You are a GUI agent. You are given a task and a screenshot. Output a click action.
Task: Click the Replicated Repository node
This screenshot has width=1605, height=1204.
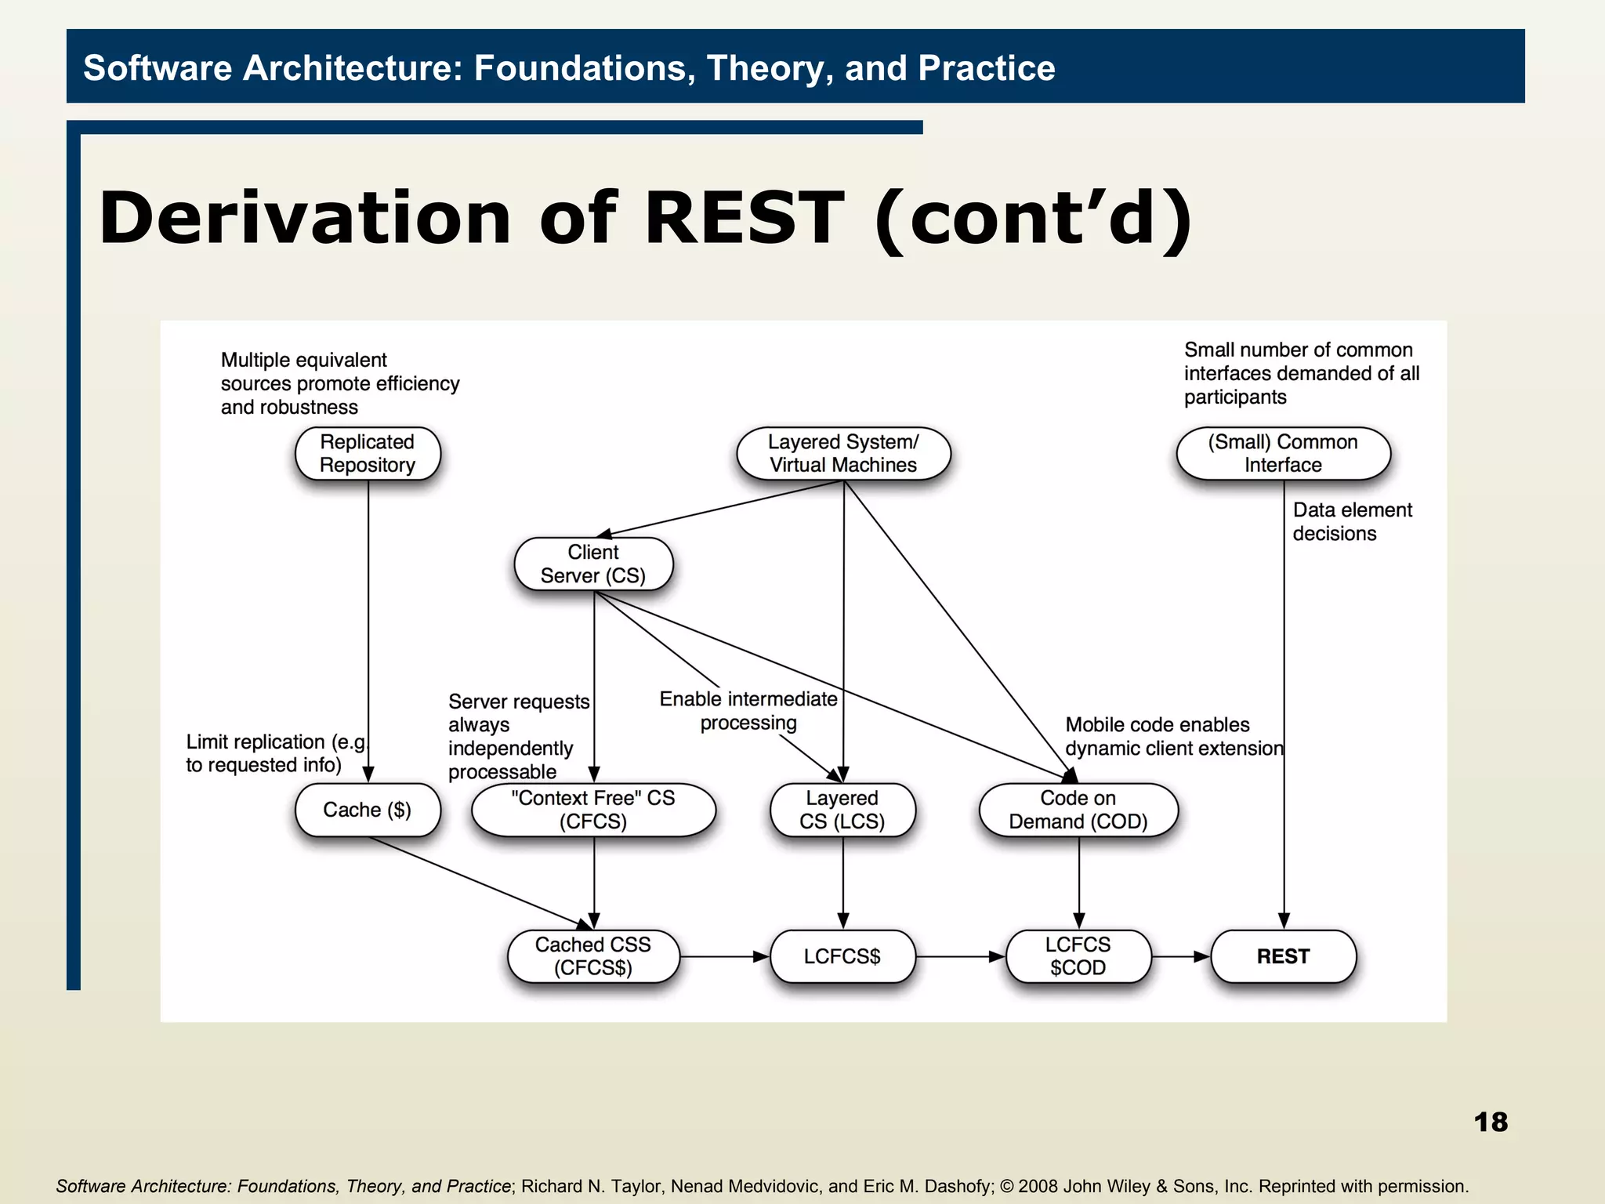pyautogui.click(x=368, y=454)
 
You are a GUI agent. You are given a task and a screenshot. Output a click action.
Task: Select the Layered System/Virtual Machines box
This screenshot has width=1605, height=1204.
pyautogui.click(x=843, y=454)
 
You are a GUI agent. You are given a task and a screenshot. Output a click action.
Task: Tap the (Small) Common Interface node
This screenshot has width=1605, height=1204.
pyautogui.click(x=1283, y=454)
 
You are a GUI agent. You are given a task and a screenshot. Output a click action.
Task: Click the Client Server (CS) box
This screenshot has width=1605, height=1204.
pyautogui.click(x=593, y=564)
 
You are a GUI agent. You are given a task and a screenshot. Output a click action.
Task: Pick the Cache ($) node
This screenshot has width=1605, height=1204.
pyautogui.click(x=368, y=810)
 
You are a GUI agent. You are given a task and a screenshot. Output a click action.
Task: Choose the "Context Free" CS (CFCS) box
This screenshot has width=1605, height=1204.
pyautogui.click(x=593, y=810)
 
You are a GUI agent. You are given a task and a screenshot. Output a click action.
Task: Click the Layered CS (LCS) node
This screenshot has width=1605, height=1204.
pyautogui.click(x=842, y=810)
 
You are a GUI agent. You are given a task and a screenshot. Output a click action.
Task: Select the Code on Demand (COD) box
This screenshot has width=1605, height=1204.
pyautogui.click(x=1078, y=810)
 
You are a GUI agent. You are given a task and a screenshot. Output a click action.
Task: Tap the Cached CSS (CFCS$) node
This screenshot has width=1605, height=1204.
pyautogui.click(x=593, y=956)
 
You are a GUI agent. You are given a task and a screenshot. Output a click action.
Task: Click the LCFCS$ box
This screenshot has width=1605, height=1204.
pyautogui.click(x=842, y=956)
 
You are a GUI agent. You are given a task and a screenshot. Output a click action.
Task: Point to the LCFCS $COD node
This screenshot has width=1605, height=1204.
pyautogui.click(x=1078, y=956)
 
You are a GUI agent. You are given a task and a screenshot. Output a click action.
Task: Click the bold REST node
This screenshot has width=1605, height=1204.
pyautogui.click(x=1283, y=956)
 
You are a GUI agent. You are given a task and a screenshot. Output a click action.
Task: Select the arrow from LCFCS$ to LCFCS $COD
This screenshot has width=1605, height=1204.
pyautogui.click(x=960, y=956)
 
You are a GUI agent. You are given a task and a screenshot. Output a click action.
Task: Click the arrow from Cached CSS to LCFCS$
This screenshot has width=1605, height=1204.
pyautogui.click(x=724, y=956)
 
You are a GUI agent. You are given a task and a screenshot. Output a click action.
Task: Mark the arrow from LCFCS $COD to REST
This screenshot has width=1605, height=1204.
pyautogui.click(x=1181, y=956)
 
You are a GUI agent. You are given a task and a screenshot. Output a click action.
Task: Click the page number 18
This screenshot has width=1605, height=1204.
pyautogui.click(x=1491, y=1122)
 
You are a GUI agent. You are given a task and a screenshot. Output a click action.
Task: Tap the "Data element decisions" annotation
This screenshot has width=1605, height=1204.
pyautogui.click(x=1351, y=522)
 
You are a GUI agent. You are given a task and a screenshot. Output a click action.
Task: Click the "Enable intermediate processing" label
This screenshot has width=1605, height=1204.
pyautogui.click(x=748, y=711)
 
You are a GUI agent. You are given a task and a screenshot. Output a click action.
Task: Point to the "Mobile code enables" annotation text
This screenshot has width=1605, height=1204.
pyautogui.click(x=1158, y=725)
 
